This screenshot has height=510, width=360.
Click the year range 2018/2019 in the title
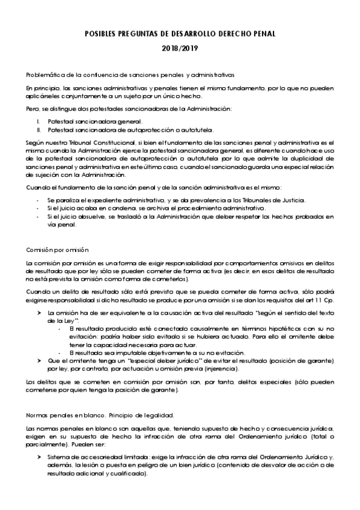[x=180, y=48]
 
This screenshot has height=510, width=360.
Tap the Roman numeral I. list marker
[x=38, y=121]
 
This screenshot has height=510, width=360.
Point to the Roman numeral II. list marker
[x=38, y=129]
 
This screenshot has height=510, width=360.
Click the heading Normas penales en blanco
[x=66, y=415]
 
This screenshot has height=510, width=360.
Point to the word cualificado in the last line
[x=130, y=474]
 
